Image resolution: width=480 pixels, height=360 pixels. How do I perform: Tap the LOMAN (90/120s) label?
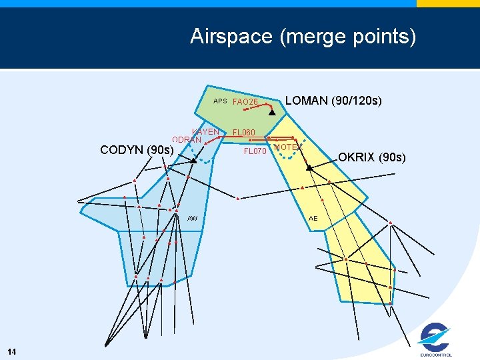pyautogui.click(x=333, y=101)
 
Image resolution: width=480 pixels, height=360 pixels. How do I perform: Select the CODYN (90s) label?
pyautogui.click(x=137, y=150)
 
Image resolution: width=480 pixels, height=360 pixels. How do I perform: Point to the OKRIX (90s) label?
pyautogui.click(x=371, y=157)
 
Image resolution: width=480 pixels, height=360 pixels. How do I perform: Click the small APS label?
pyautogui.click(x=220, y=102)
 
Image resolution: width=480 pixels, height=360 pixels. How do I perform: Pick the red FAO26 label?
pyautogui.click(x=245, y=102)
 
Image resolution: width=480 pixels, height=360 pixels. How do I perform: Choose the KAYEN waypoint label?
pyautogui.click(x=205, y=132)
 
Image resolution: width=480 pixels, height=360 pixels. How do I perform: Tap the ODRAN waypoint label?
pyautogui.click(x=187, y=140)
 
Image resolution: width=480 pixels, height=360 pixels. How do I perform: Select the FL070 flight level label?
pyautogui.click(x=255, y=151)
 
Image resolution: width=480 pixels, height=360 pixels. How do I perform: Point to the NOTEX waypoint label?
pyautogui.click(x=287, y=147)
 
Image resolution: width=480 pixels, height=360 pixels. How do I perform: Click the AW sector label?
pyautogui.click(x=193, y=219)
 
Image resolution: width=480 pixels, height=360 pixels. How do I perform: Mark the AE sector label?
pyautogui.click(x=313, y=219)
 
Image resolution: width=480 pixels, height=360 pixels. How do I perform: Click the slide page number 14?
pyautogui.click(x=13, y=351)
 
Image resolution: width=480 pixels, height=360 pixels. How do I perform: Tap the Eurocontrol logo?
pyautogui.click(x=435, y=340)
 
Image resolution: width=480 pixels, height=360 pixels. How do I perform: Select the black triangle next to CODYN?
pyautogui.click(x=193, y=161)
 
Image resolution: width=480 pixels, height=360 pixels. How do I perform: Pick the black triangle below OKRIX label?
pyautogui.click(x=309, y=168)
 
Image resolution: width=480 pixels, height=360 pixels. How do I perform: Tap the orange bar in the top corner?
pyautogui.click(x=448, y=3)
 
